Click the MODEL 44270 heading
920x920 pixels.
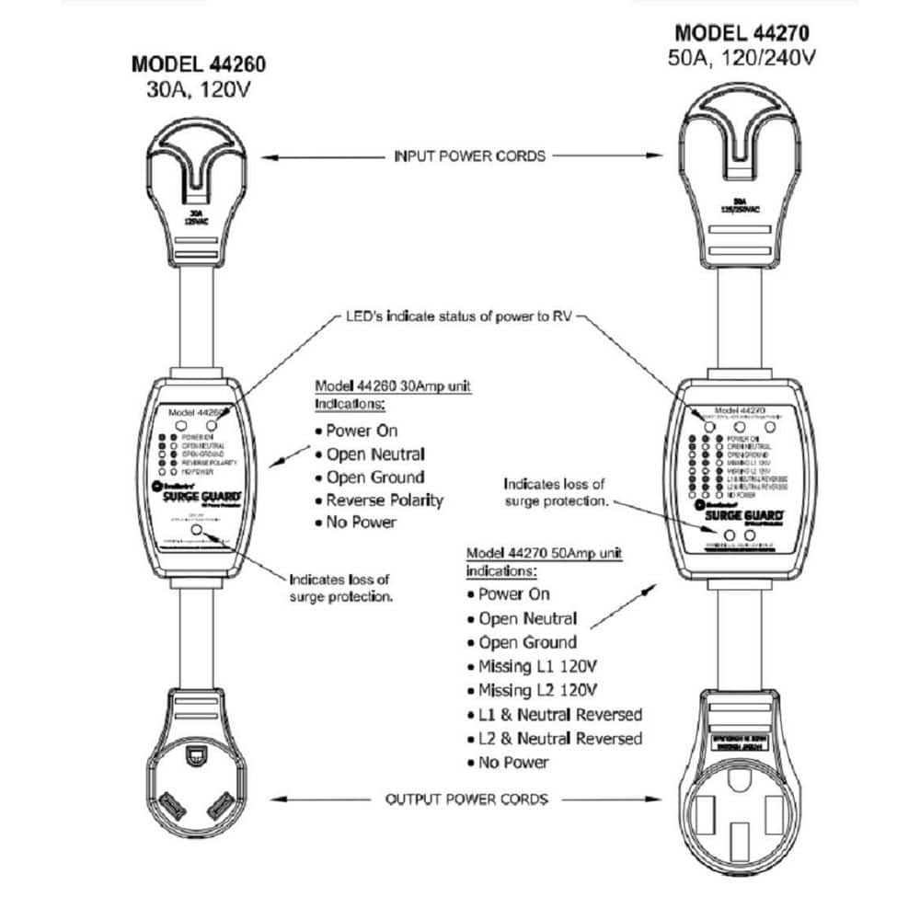pyautogui.click(x=740, y=35)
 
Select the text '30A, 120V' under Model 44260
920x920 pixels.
pyautogui.click(x=199, y=90)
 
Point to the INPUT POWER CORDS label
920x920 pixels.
pyautogui.click(x=468, y=155)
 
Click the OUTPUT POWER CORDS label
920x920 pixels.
pyautogui.click(x=466, y=798)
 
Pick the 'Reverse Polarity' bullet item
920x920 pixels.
pyautogui.click(x=385, y=500)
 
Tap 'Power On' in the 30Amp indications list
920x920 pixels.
pyautogui.click(x=362, y=431)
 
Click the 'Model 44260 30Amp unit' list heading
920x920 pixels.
pyautogui.click(x=393, y=386)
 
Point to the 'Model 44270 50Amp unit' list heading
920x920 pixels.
pyautogui.click(x=545, y=554)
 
